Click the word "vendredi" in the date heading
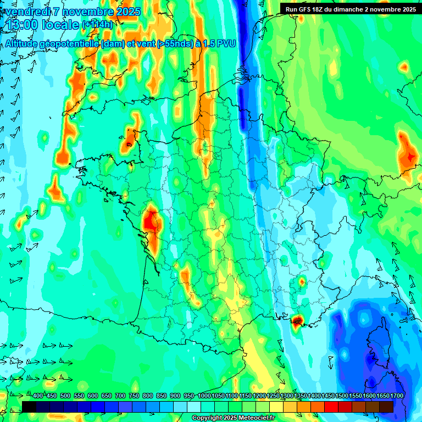[x=27, y=12]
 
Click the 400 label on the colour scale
[x=37, y=396]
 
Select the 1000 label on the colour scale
[x=204, y=396]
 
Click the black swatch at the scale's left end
[x=29, y=407]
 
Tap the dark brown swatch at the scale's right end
[x=386, y=407]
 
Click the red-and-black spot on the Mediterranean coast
[x=298, y=320]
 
